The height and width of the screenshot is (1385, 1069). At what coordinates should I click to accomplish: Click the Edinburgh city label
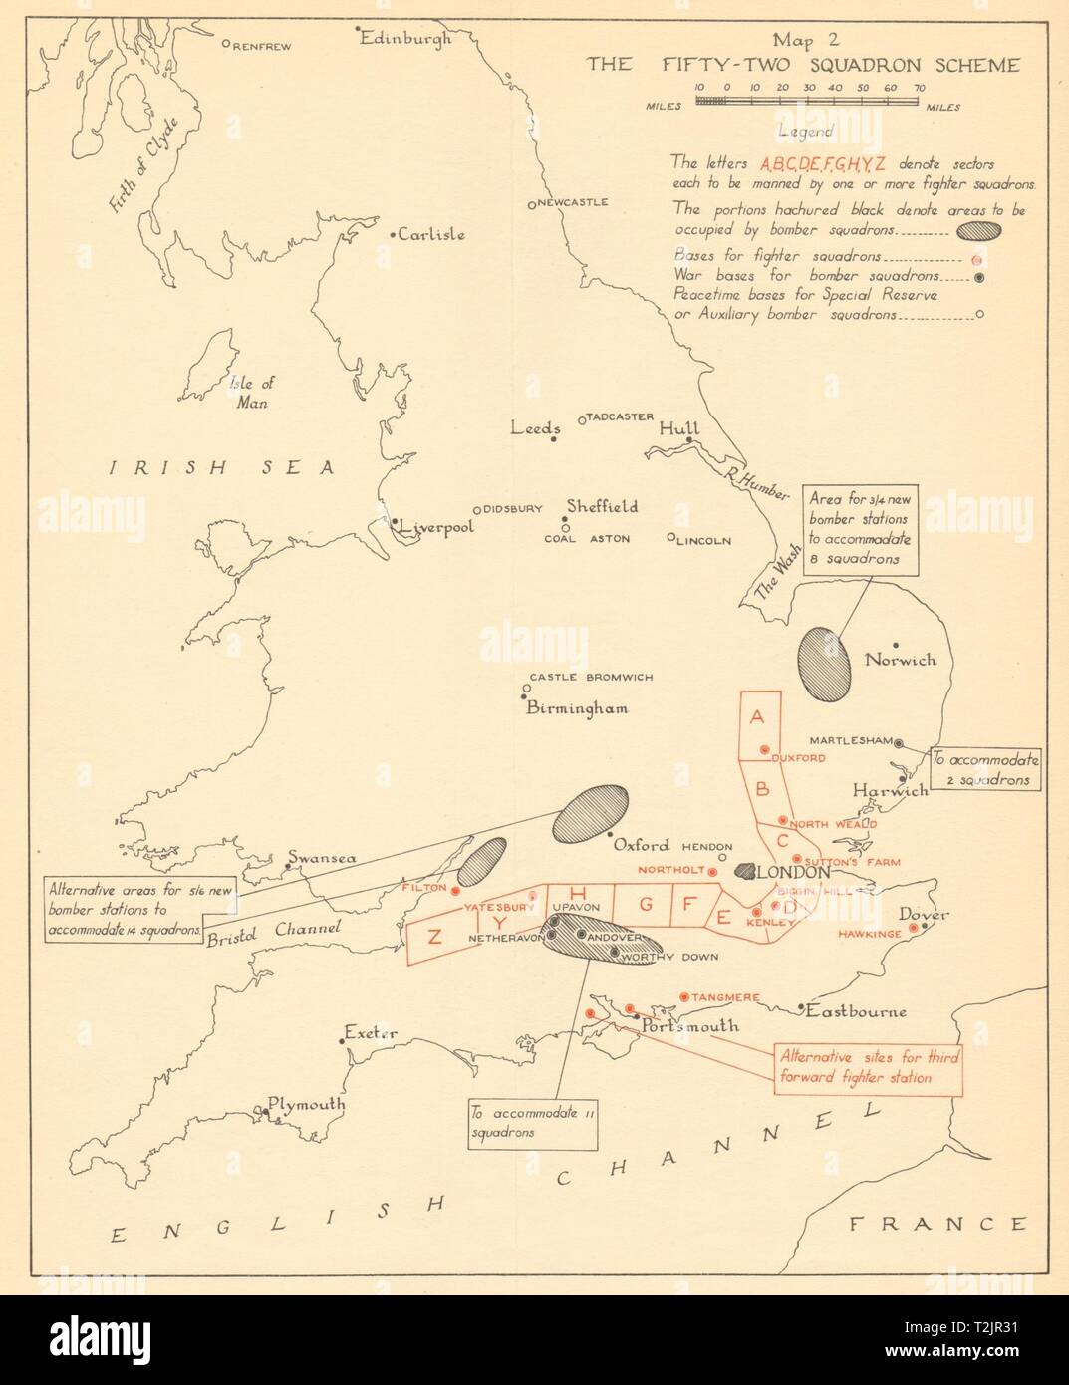405,39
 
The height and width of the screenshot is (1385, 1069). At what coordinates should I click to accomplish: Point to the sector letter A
757,717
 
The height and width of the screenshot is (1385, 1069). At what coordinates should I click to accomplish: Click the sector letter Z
434,936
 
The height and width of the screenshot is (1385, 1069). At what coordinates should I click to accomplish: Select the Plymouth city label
305,1105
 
